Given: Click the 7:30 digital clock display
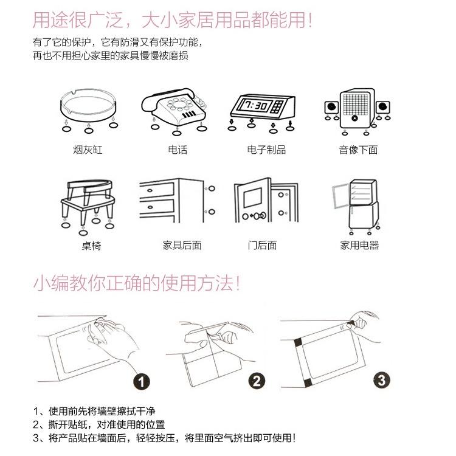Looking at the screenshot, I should (254, 106).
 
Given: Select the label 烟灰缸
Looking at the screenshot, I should (88, 150).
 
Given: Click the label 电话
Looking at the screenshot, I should (177, 150).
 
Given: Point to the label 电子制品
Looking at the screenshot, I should (266, 150).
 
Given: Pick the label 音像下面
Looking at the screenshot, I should (358, 150).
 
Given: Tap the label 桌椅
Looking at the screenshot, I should (91, 246).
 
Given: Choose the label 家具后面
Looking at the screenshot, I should (181, 246).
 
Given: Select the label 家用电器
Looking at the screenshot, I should (359, 246).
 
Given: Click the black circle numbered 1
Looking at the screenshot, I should (141, 382).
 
